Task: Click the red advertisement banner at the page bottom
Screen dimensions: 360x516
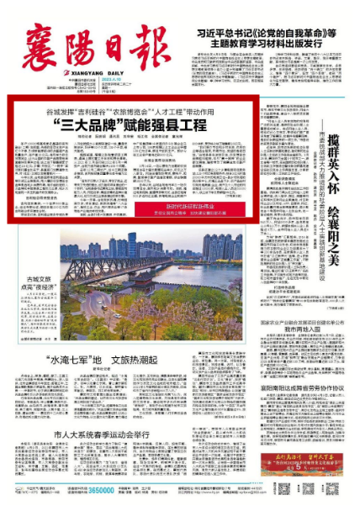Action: tap(302, 487)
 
